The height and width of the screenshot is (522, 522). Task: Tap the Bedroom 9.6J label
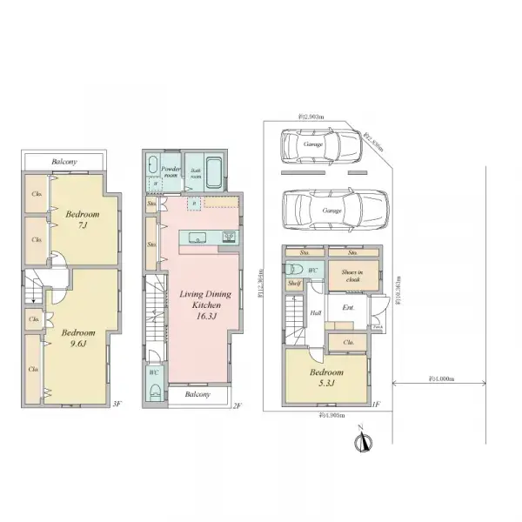[x=78, y=338]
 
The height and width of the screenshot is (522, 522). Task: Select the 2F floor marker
[x=236, y=405]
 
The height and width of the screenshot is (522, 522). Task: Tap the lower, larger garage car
[x=331, y=210]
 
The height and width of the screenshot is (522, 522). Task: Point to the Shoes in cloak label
[x=351, y=276]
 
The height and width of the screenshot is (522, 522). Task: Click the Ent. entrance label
[x=348, y=308]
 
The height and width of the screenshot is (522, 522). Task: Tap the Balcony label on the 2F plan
[x=198, y=394]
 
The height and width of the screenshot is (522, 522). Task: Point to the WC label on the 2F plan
[x=153, y=372]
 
